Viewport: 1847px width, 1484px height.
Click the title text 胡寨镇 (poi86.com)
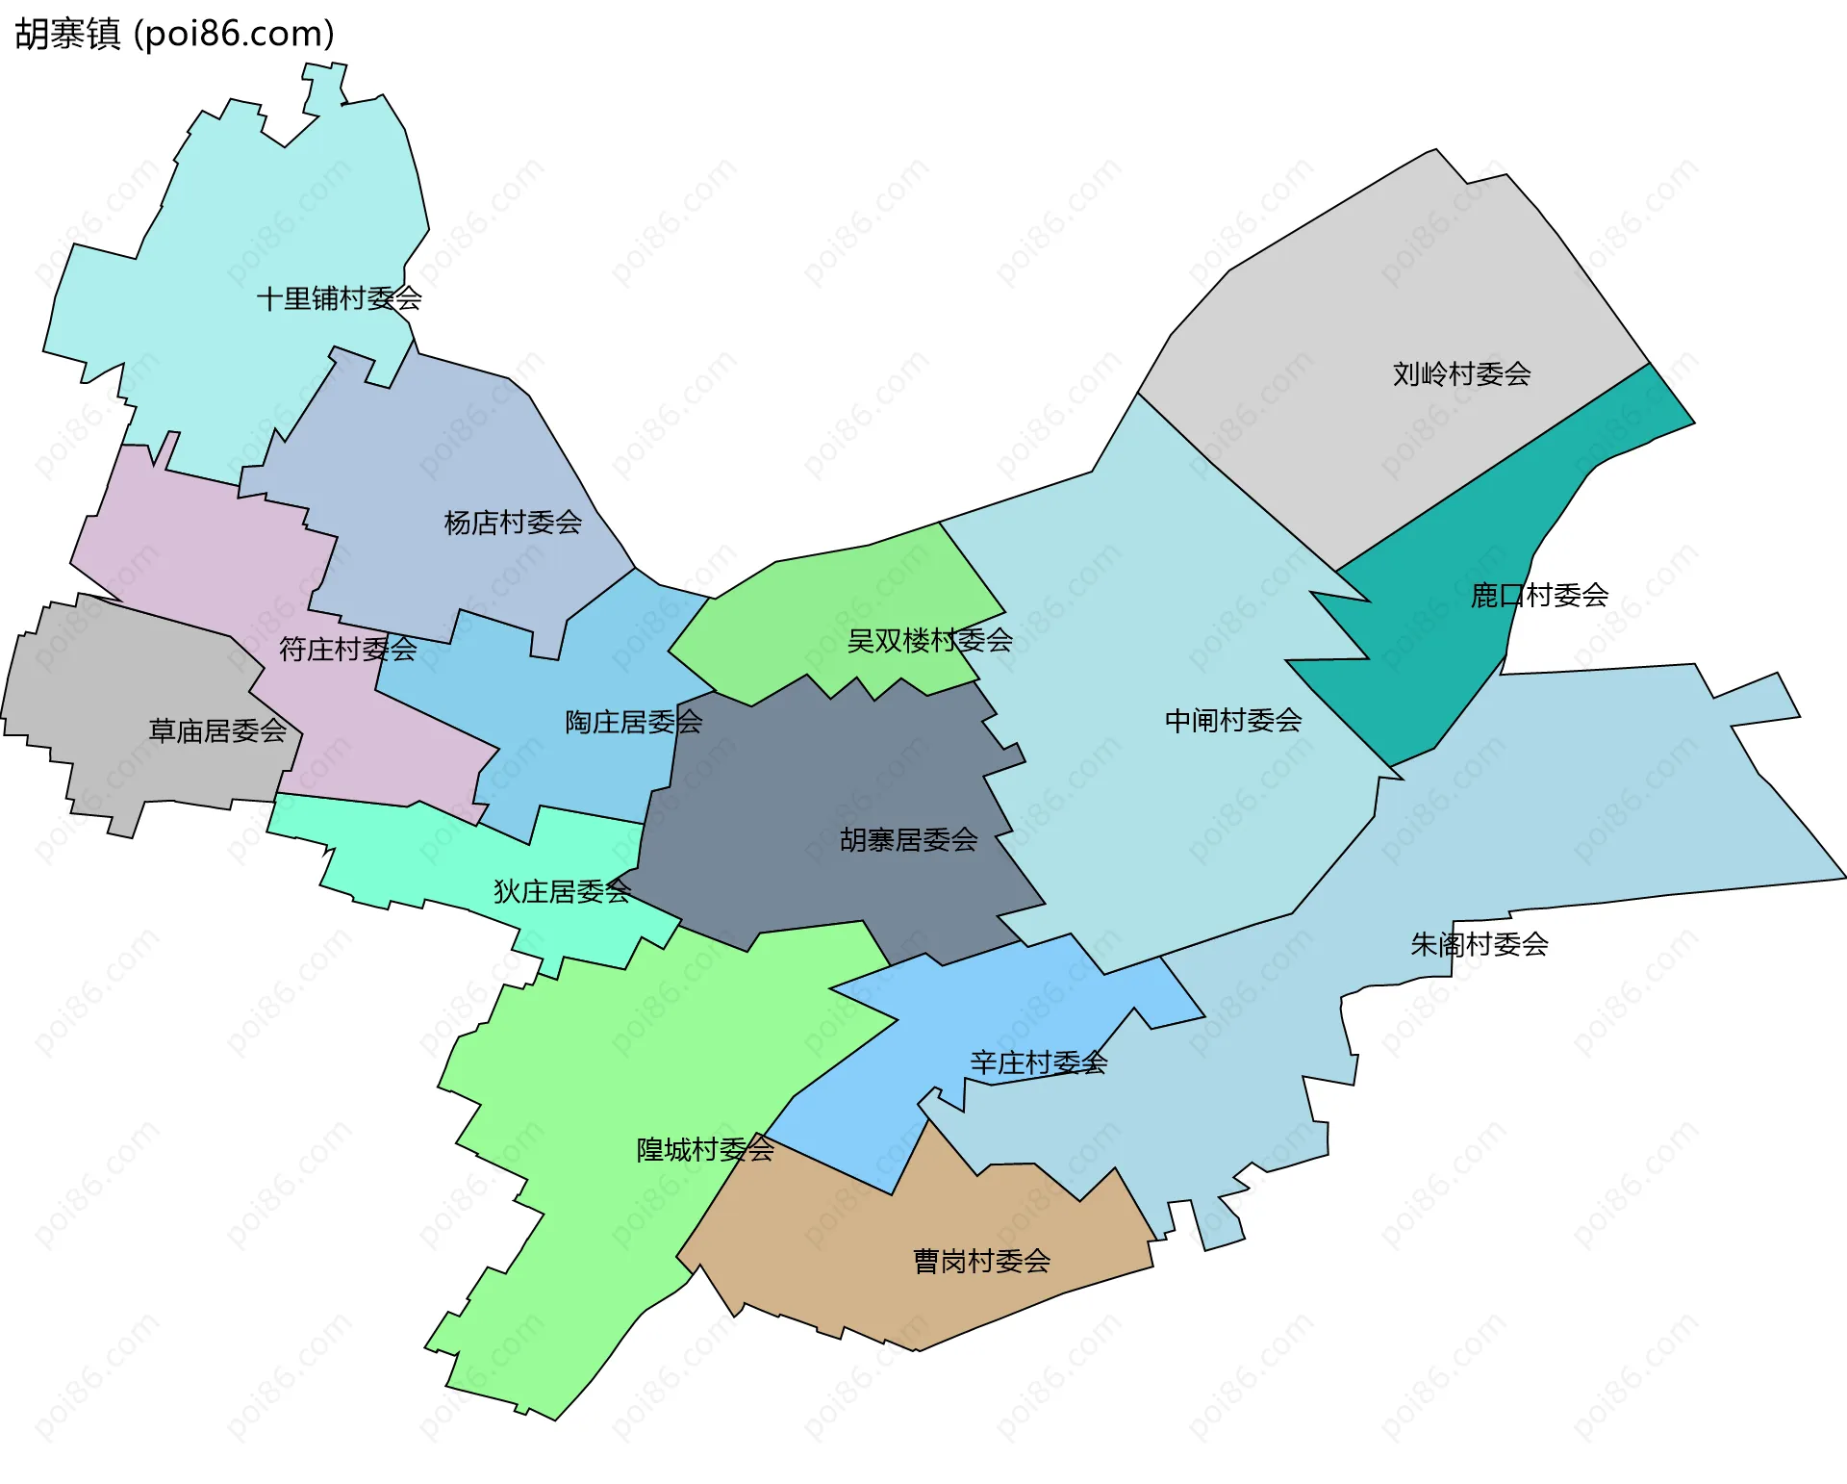pyautogui.click(x=175, y=34)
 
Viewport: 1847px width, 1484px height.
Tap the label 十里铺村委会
pyautogui.click(x=339, y=298)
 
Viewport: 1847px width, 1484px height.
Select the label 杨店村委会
pyautogui.click(x=513, y=523)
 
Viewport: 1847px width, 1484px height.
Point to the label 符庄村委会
pyautogui.click(x=347, y=650)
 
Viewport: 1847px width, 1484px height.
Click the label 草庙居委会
pyautogui.click(x=217, y=731)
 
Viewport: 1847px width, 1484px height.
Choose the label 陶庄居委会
pyautogui.click(x=633, y=722)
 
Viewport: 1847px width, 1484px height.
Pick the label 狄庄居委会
pyautogui.click(x=562, y=892)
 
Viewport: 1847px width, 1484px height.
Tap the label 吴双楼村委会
pyautogui.click(x=929, y=640)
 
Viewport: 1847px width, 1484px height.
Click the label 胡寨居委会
pyautogui.click(x=908, y=840)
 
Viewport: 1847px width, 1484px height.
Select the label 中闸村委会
pyautogui.click(x=1233, y=721)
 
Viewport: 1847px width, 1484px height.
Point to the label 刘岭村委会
pyautogui.click(x=1461, y=374)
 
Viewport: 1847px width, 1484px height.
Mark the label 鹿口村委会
pyautogui.click(x=1539, y=596)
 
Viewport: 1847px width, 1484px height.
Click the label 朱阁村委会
pyautogui.click(x=1479, y=944)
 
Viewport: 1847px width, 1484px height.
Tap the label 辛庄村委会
pyautogui.click(x=1038, y=1063)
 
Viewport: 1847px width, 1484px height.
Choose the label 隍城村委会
pyautogui.click(x=705, y=1150)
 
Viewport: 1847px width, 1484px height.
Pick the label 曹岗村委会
pyautogui.click(x=981, y=1262)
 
